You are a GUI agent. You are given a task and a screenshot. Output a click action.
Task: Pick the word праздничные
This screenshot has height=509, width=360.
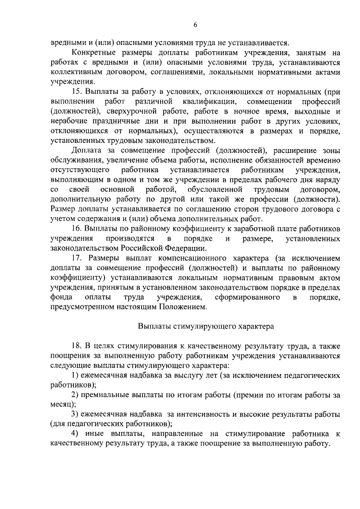tap(118, 123)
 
